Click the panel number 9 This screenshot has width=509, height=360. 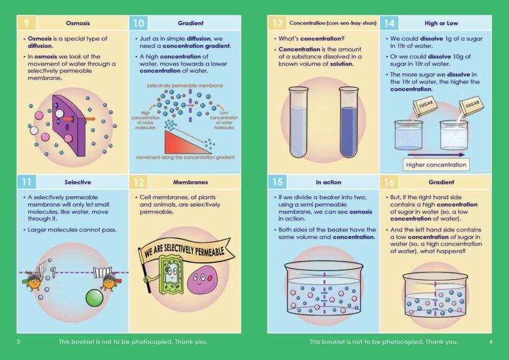26,23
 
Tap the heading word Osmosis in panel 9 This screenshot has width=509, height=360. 78,23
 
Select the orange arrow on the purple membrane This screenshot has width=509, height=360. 89,118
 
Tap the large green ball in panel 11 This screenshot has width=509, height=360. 94,297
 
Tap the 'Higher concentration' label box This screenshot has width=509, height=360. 436,165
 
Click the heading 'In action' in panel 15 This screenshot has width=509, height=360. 328,182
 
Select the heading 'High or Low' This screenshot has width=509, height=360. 441,23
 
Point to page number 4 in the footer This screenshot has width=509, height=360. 490,341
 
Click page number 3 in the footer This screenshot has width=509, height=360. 18,341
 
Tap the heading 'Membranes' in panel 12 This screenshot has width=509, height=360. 191,182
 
